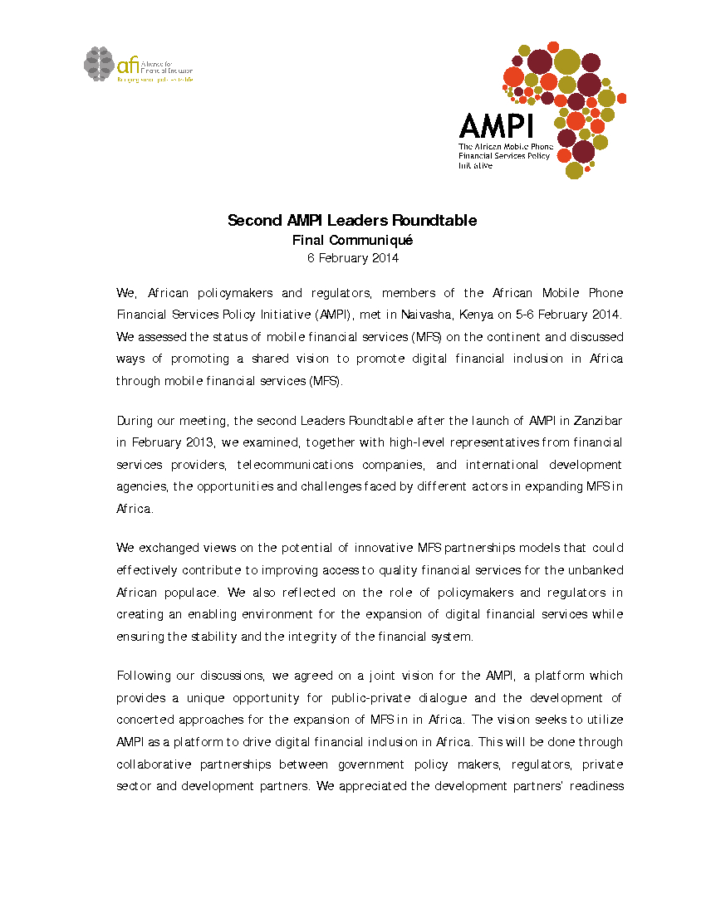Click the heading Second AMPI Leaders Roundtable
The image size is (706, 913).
352,221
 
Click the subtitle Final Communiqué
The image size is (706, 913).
352,241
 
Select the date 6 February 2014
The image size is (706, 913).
352,258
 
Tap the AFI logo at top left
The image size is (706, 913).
138,65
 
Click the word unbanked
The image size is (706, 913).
596,570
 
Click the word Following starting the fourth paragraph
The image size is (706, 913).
144,676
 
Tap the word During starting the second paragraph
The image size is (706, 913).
135,421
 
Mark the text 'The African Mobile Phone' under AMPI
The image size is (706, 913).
506,147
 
